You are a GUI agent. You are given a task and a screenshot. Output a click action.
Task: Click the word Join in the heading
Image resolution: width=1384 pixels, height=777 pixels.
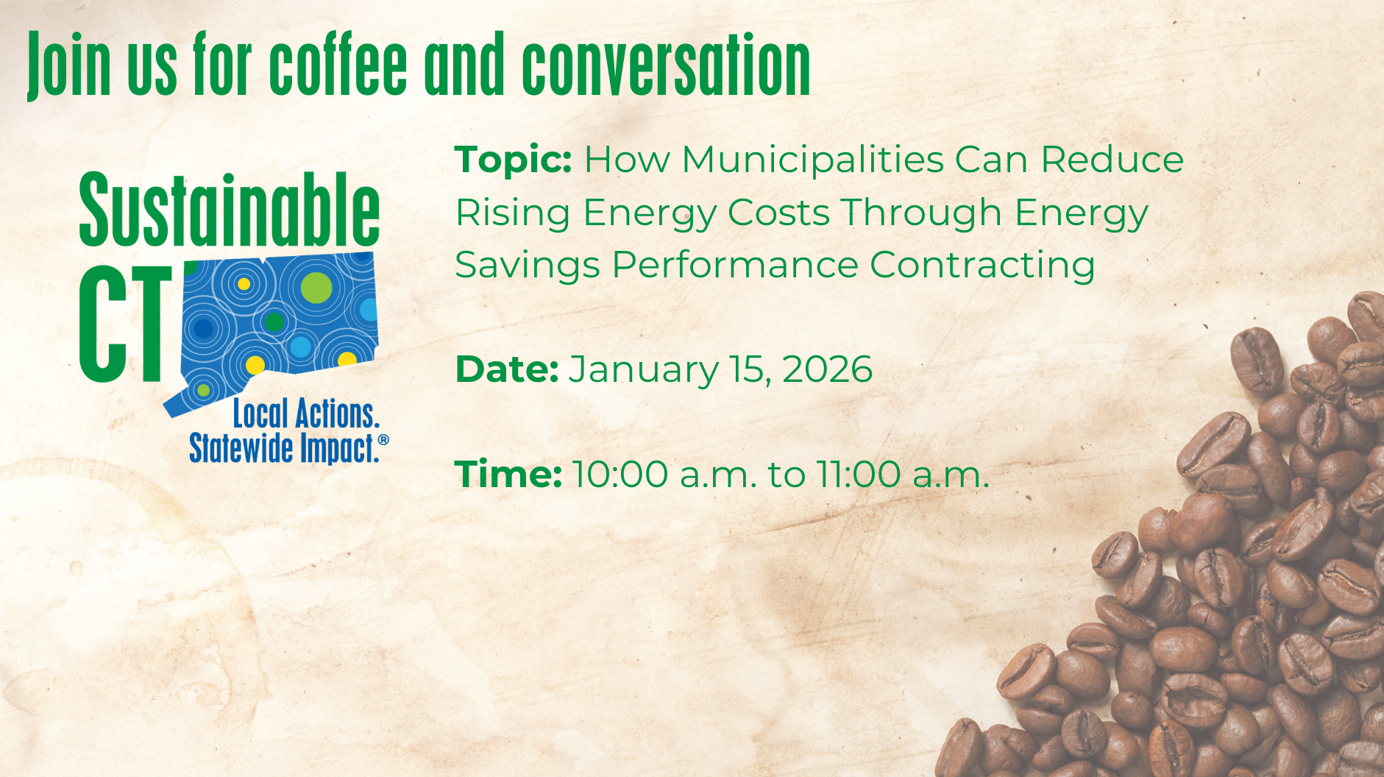pyautogui.click(x=68, y=65)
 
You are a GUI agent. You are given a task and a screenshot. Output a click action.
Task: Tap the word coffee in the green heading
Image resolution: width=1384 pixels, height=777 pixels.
pyautogui.click(x=338, y=64)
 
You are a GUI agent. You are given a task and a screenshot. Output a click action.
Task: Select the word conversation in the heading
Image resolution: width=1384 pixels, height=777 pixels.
pyautogui.click(x=666, y=65)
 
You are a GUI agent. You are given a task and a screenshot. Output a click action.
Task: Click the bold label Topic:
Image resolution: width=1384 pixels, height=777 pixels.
pyautogui.click(x=513, y=160)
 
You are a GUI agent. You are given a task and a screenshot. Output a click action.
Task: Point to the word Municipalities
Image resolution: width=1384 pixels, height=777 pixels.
pyautogui.click(x=813, y=160)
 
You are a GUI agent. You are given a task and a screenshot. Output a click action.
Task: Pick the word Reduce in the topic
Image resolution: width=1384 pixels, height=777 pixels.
pyautogui.click(x=1112, y=160)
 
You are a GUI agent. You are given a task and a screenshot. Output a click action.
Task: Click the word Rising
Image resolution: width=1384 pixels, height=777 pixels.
pyautogui.click(x=513, y=213)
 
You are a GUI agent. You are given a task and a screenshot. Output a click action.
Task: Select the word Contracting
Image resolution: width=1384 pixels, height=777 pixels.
pyautogui.click(x=982, y=265)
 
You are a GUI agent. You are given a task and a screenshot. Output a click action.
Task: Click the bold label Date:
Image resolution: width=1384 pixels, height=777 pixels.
pyautogui.click(x=507, y=369)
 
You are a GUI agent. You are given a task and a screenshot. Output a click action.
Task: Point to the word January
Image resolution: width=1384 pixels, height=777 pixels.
pyautogui.click(x=643, y=370)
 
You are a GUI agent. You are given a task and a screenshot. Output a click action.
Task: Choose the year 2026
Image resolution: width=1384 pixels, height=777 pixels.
pyautogui.click(x=827, y=369)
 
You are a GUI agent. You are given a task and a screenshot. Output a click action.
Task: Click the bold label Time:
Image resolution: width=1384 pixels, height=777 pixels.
pyautogui.click(x=508, y=475)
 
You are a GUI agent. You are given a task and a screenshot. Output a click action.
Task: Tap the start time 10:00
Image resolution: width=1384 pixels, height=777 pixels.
pyautogui.click(x=620, y=475)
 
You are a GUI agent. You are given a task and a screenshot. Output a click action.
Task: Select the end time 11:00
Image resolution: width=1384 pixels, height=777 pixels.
pyautogui.click(x=859, y=475)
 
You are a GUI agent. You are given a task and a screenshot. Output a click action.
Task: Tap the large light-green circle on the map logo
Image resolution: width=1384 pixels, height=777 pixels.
pyautogui.click(x=316, y=288)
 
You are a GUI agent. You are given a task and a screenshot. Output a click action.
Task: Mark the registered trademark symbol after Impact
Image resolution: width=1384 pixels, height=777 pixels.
pyautogui.click(x=383, y=440)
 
